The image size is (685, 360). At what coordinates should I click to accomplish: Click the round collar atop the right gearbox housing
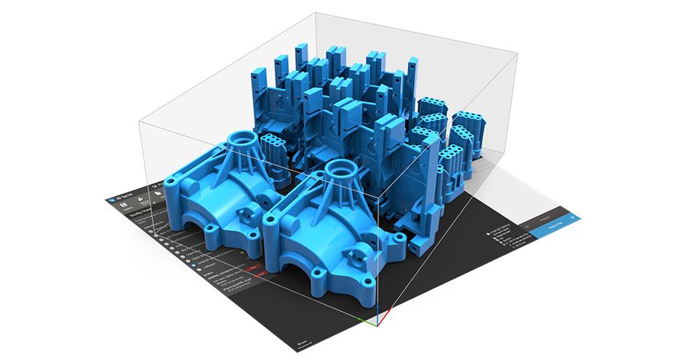coord(340,170)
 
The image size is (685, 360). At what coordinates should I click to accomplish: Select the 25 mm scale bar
coord(302,340)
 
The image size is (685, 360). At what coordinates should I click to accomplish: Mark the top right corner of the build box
coord(518,52)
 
